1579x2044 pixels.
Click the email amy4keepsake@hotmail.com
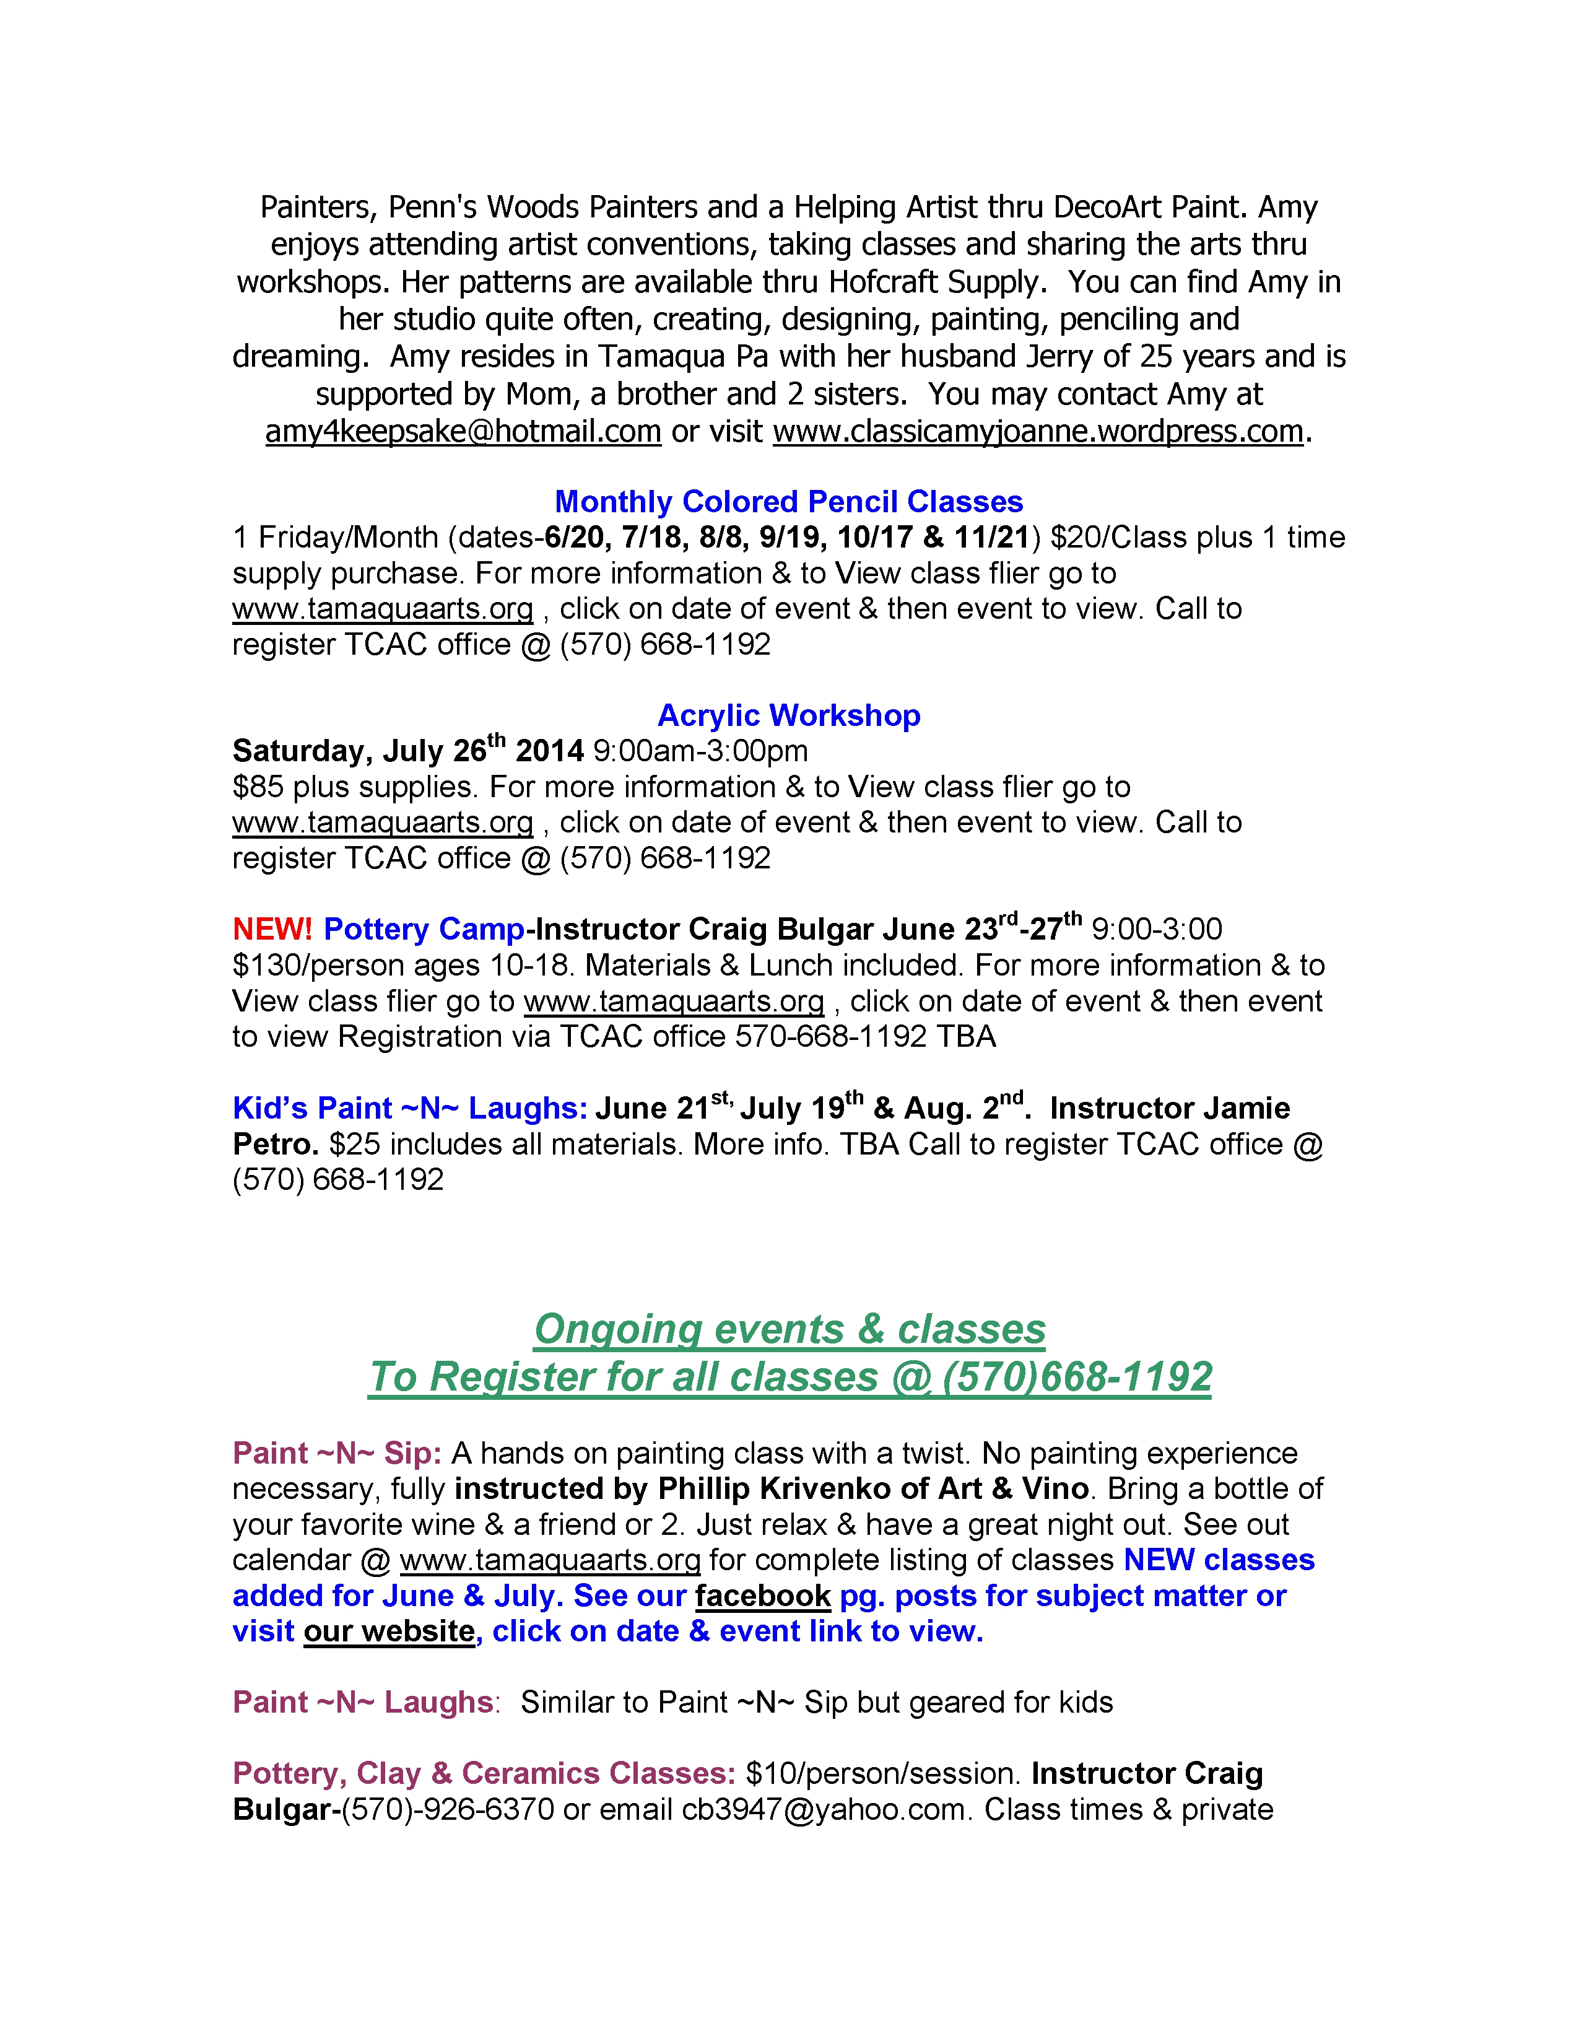pyautogui.click(x=463, y=432)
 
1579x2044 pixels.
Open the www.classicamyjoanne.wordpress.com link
pyautogui.click(x=1037, y=432)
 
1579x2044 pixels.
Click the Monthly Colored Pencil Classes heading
pyautogui.click(x=788, y=502)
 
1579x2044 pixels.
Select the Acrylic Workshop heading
pyautogui.click(x=788, y=715)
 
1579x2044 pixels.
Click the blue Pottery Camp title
pyautogui.click(x=424, y=929)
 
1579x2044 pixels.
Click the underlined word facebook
pyautogui.click(x=762, y=1596)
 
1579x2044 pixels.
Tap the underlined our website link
pyautogui.click(x=389, y=1631)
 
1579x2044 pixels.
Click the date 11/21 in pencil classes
pyautogui.click(x=991, y=537)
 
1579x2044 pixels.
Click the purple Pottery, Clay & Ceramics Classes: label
pyautogui.click(x=484, y=1773)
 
